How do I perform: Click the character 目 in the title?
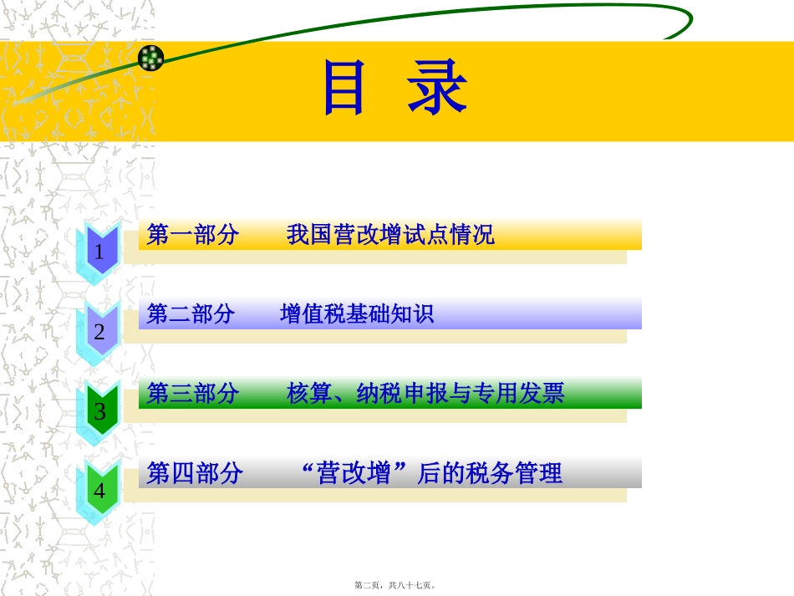click(x=344, y=89)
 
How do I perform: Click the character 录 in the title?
click(x=437, y=89)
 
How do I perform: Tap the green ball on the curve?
click(x=151, y=58)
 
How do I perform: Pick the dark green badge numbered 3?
click(x=100, y=410)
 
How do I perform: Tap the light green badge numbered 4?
click(x=100, y=490)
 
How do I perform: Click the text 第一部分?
click(x=192, y=235)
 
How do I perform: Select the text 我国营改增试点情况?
click(x=390, y=235)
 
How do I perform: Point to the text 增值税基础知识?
click(x=357, y=314)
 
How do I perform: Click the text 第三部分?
click(x=192, y=394)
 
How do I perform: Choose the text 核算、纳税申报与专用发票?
click(x=425, y=394)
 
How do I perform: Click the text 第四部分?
click(x=195, y=474)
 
